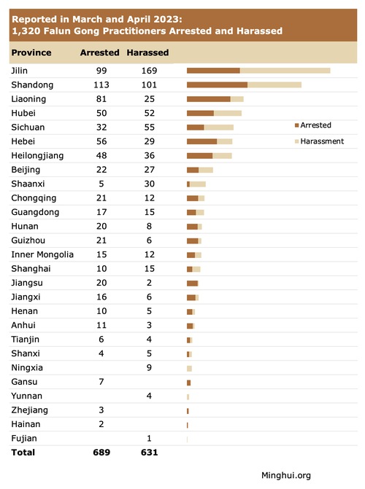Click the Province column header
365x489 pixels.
pos(31,52)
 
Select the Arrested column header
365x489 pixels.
pos(100,52)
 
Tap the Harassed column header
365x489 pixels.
pos(147,52)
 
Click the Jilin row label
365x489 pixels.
pos(20,71)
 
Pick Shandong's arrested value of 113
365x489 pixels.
pos(101,85)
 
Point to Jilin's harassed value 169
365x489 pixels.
pos(149,71)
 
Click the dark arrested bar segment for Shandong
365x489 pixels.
pos(218,85)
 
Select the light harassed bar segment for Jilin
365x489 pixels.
pos(285,71)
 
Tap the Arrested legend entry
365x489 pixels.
pos(313,125)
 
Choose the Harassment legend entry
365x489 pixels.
pos(319,141)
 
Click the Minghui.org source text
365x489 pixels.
pos(286,475)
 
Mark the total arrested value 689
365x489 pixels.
pos(101,453)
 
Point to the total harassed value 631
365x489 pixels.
pos(150,453)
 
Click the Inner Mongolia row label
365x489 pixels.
pos(42,254)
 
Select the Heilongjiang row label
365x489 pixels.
pos(37,156)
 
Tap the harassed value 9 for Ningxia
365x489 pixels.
pos(149,368)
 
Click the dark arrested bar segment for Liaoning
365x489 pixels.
pos(209,99)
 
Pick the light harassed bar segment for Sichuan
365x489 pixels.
pos(219,128)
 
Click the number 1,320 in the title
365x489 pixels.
pos(26,31)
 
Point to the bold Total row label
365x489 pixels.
pos(23,453)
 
